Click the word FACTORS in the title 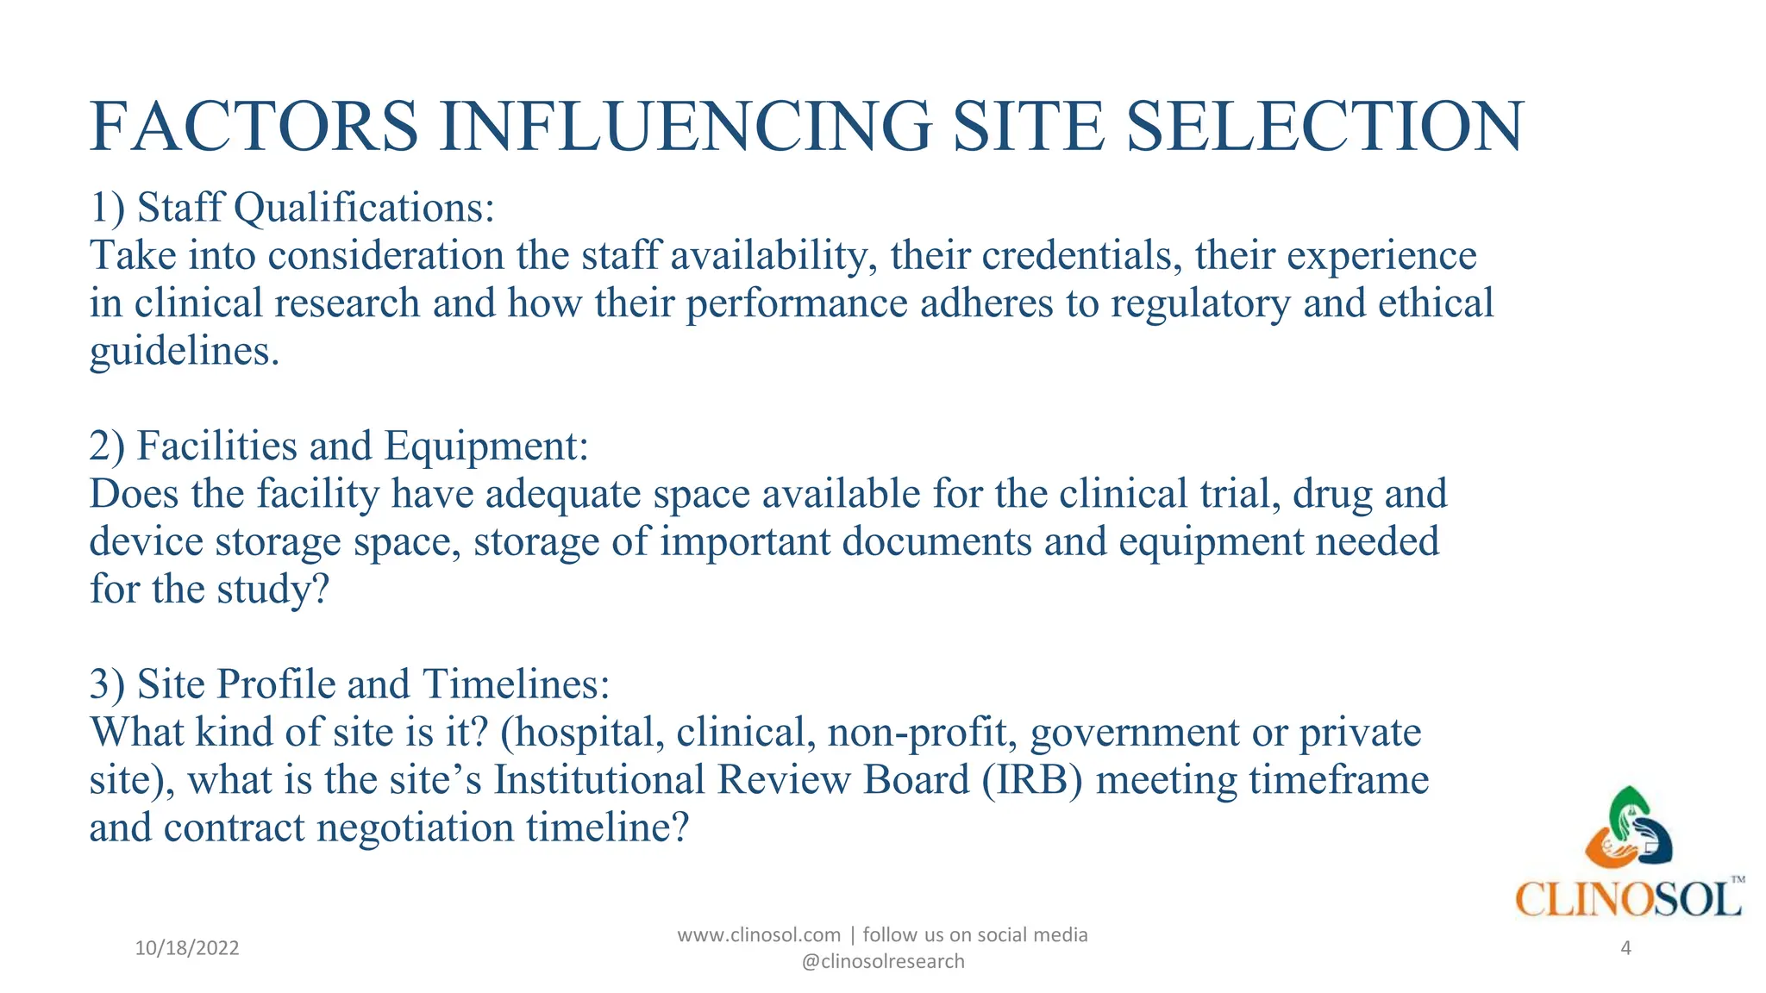[x=254, y=127]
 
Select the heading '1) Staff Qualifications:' [x=292, y=208]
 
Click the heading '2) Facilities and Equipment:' [x=339, y=446]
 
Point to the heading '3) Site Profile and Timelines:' [x=349, y=684]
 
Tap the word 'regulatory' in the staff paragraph [x=1200, y=303]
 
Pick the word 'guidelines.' [x=185, y=352]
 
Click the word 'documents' [x=936, y=541]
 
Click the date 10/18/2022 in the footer [x=187, y=948]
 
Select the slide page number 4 [x=1626, y=948]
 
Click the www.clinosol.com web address [x=759, y=935]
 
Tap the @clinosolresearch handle [x=883, y=962]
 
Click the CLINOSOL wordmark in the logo [x=1628, y=900]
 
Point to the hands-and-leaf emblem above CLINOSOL [x=1628, y=827]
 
